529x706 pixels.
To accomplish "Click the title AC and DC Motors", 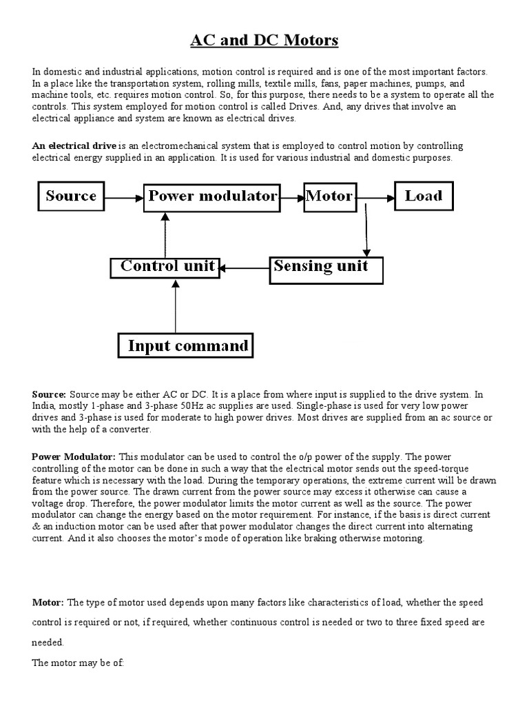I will tap(264, 41).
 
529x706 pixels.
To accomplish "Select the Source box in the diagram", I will tap(71, 196).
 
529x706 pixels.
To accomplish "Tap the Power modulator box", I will tap(212, 196).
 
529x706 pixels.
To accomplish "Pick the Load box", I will tap(423, 196).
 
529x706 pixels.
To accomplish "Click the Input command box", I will tap(186, 345).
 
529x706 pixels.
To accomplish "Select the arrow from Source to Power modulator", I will tap(124, 198).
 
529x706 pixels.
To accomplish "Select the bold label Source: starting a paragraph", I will tap(49, 394).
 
